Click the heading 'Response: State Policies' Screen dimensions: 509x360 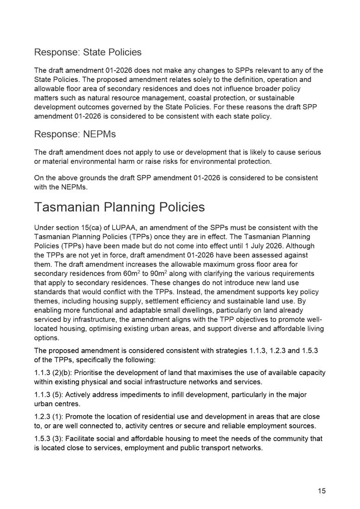click(88, 52)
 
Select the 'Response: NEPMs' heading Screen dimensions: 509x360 click(75, 134)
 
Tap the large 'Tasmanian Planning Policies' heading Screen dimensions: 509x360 click(120, 207)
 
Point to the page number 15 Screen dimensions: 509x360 click(322, 491)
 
